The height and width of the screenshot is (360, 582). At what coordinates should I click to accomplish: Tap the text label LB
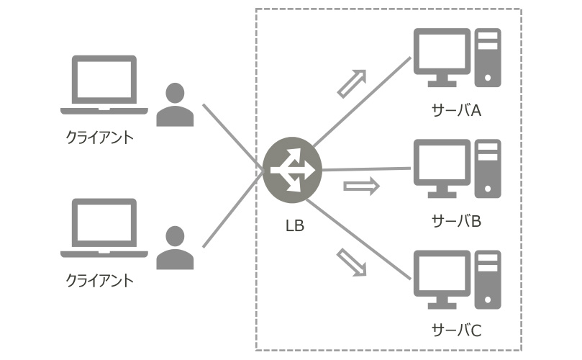click(294, 226)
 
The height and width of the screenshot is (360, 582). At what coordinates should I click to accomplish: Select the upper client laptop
click(104, 85)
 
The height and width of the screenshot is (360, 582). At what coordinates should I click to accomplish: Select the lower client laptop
click(104, 228)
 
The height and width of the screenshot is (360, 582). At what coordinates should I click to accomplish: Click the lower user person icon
click(175, 248)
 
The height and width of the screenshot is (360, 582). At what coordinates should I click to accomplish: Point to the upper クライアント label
click(100, 137)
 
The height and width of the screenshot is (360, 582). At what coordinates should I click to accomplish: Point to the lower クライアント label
click(100, 280)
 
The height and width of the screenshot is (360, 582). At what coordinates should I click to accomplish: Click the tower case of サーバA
click(487, 57)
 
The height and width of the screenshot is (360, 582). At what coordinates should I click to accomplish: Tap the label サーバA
click(455, 110)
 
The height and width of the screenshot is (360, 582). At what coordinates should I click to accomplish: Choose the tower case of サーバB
click(487, 168)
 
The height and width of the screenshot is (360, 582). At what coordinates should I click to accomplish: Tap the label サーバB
click(455, 220)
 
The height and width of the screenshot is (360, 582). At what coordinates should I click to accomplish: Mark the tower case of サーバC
click(487, 278)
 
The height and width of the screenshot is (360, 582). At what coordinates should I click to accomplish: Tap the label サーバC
click(455, 330)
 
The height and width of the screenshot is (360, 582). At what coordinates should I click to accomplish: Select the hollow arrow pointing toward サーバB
click(360, 187)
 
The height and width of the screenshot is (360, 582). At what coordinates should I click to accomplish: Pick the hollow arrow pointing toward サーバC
click(352, 263)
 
